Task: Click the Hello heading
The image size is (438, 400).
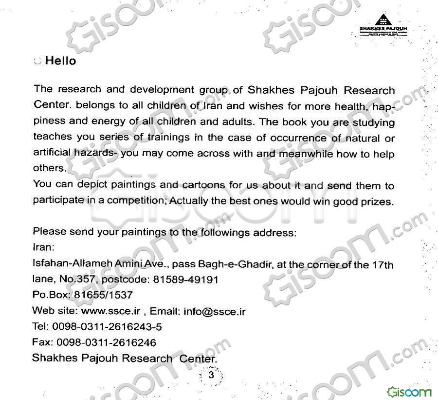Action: (x=60, y=61)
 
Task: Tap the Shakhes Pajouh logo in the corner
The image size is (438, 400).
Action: (x=384, y=23)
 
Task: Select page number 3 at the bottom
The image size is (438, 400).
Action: (x=211, y=375)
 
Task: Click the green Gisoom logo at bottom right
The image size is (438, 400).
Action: (x=409, y=391)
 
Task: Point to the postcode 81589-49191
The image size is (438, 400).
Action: (x=185, y=280)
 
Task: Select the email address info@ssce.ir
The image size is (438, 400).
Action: (x=214, y=311)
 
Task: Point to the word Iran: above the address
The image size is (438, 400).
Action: (x=43, y=247)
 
